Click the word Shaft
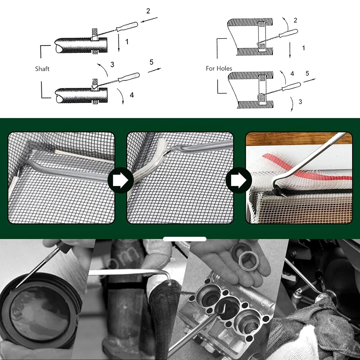click(x=42, y=68)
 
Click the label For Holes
click(x=219, y=68)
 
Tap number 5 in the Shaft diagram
click(x=151, y=62)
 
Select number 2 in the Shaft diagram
click(x=148, y=11)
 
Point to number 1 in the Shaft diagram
click(x=127, y=42)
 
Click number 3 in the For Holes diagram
click(x=301, y=102)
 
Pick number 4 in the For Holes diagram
click(x=292, y=73)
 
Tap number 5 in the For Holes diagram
click(x=307, y=73)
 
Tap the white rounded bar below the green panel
click(x=184, y=239)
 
